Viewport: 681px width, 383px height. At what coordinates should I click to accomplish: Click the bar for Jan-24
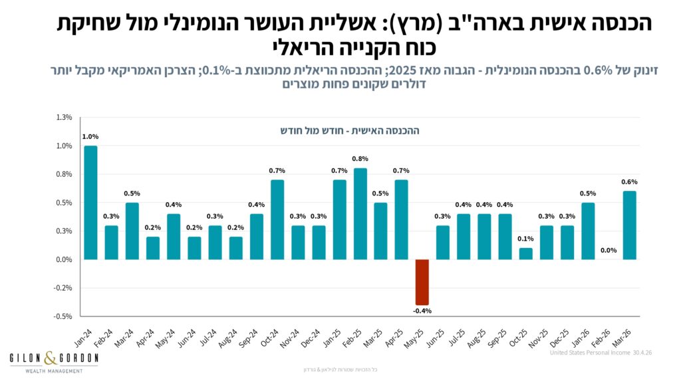[x=90, y=203]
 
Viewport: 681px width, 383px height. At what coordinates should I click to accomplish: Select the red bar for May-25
[x=422, y=282]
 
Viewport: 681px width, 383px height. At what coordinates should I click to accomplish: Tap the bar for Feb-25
[x=360, y=214]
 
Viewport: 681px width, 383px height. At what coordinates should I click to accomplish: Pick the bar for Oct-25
[x=526, y=254]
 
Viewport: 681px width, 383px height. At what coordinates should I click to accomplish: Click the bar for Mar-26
[x=630, y=225]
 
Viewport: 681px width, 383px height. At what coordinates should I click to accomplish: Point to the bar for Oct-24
[x=277, y=219]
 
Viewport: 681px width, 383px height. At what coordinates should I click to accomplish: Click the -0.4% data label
[x=422, y=311]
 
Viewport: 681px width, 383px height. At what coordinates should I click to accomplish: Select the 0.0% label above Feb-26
[x=609, y=250]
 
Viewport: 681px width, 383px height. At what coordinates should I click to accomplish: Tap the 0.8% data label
[x=360, y=159]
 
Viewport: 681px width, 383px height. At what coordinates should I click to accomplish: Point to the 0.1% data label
[x=525, y=239]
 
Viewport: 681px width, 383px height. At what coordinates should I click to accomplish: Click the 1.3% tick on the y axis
[x=64, y=117]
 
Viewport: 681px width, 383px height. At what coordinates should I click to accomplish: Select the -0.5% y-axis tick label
[x=63, y=317]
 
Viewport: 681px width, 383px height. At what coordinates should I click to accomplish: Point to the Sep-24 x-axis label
[x=249, y=338]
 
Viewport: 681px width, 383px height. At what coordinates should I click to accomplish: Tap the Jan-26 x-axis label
[x=581, y=338]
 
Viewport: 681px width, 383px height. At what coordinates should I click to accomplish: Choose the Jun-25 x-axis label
[x=436, y=338]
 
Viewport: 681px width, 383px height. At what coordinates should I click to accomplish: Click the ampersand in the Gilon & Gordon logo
[x=51, y=358]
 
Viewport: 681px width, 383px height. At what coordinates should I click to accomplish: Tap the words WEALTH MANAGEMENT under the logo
[x=54, y=371]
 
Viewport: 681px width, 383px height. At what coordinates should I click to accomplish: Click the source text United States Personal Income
[x=590, y=352]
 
